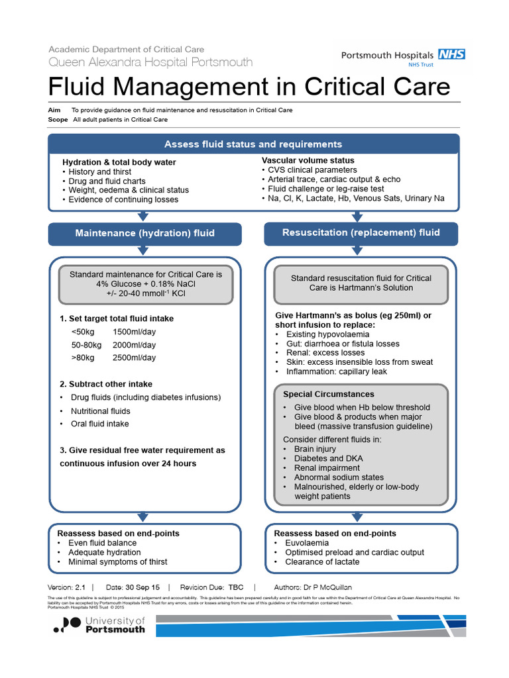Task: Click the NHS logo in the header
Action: coord(452,56)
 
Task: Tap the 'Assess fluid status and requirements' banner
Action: coord(253,144)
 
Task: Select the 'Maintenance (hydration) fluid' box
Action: coord(144,233)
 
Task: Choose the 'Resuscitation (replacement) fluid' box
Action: coord(361,232)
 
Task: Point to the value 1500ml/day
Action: coord(135,332)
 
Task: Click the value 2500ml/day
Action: coord(135,358)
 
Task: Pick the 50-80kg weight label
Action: coord(86,345)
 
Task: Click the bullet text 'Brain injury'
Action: coord(315,449)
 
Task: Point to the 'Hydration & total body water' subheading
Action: coord(119,162)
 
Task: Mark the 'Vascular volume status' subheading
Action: coord(308,160)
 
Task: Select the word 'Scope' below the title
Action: coord(58,120)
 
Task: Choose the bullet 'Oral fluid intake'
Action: coord(100,424)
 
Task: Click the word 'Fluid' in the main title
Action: coord(80,87)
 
